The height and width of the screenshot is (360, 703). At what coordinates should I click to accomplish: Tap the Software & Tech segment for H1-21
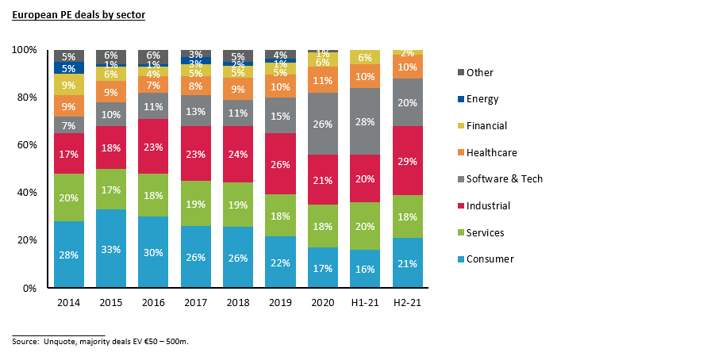pyautogui.click(x=366, y=121)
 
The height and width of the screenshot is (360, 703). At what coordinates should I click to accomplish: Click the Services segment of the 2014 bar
pyautogui.click(x=69, y=197)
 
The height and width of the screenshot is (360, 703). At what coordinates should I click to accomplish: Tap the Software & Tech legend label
pyautogui.click(x=505, y=179)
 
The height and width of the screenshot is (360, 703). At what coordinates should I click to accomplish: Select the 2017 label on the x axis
pyautogui.click(x=196, y=302)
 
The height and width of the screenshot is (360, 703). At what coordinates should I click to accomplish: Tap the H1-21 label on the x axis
pyautogui.click(x=366, y=302)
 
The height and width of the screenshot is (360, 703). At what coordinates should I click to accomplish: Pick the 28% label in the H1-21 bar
pyautogui.click(x=366, y=121)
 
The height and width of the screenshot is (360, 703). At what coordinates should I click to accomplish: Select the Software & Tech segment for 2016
pyautogui.click(x=154, y=106)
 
